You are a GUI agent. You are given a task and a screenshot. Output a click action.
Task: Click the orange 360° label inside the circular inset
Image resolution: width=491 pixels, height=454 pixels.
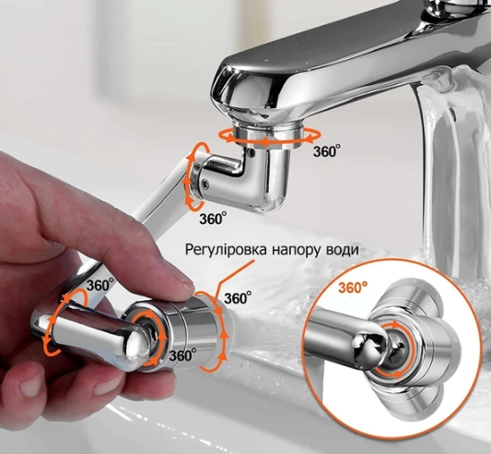(351, 287)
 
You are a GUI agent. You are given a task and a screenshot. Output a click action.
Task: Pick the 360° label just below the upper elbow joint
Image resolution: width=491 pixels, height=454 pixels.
(213, 219)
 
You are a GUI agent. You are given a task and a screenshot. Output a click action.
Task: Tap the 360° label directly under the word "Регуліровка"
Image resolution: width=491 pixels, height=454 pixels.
(237, 298)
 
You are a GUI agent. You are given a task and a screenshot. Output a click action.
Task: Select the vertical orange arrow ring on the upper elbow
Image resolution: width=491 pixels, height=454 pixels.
(195, 175)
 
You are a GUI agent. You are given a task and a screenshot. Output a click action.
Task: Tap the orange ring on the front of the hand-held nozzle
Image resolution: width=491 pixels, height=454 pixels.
(146, 332)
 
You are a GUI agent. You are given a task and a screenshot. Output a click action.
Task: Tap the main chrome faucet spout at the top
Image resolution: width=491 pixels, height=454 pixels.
(350, 55)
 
